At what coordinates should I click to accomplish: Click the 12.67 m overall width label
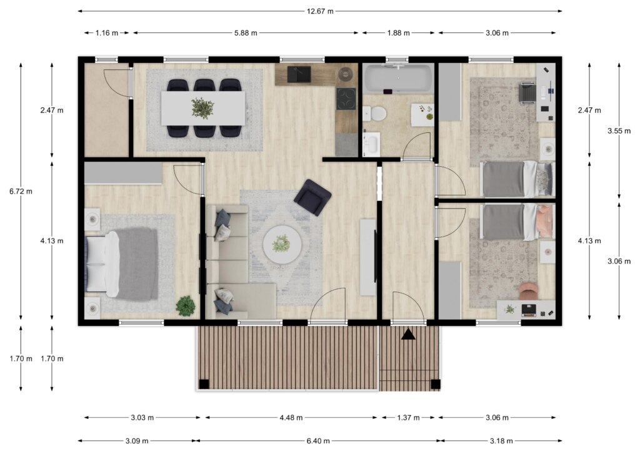pyautogui.click(x=320, y=11)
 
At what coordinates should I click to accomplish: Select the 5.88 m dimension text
pyautogui.click(x=246, y=33)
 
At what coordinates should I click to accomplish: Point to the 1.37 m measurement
pyautogui.click(x=408, y=418)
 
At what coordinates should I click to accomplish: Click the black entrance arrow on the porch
pyautogui.click(x=408, y=335)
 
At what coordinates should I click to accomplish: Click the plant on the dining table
pyautogui.click(x=202, y=108)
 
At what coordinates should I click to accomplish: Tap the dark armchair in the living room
pyautogui.click(x=312, y=197)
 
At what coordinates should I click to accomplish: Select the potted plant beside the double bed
pyautogui.click(x=186, y=306)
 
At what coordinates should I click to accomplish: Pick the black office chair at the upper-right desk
pyautogui.click(x=527, y=92)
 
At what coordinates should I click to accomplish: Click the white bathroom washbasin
pyautogui.click(x=371, y=144)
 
